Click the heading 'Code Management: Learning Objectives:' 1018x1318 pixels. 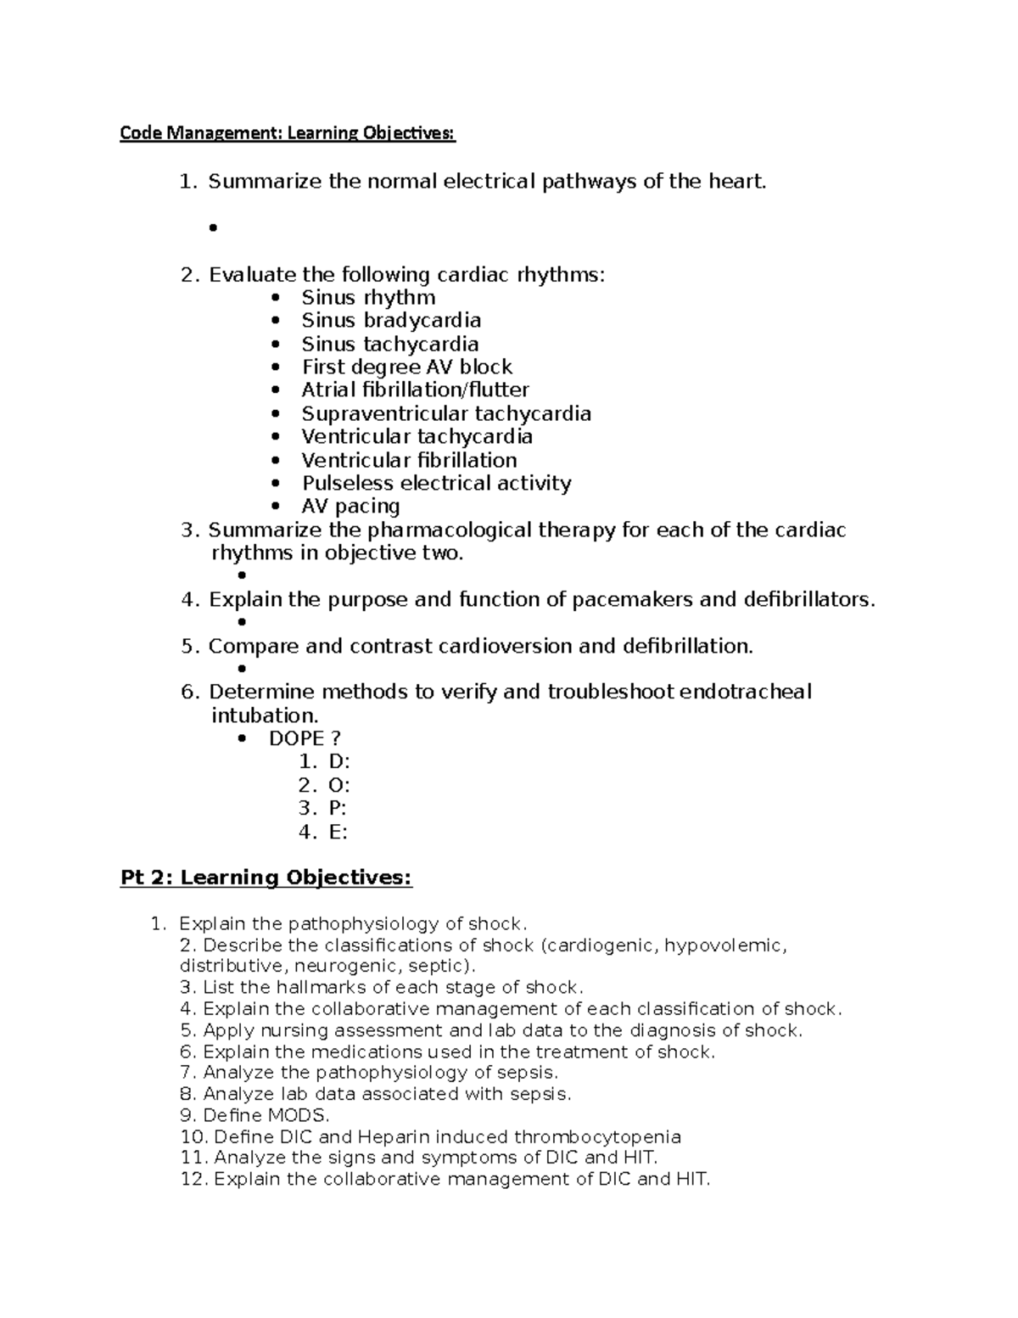point(287,133)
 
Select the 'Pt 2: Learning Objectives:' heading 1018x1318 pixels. point(266,878)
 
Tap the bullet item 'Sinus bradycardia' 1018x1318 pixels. point(391,321)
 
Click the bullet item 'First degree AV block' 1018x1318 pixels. point(406,367)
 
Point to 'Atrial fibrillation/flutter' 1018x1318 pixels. point(415,390)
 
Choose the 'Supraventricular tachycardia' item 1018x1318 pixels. point(446,414)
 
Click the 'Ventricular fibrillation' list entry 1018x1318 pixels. point(409,460)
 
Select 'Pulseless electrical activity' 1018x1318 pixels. point(436,484)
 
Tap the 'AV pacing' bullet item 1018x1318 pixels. point(350,507)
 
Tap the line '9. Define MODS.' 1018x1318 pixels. point(255,1115)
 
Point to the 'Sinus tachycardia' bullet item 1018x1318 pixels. point(390,345)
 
